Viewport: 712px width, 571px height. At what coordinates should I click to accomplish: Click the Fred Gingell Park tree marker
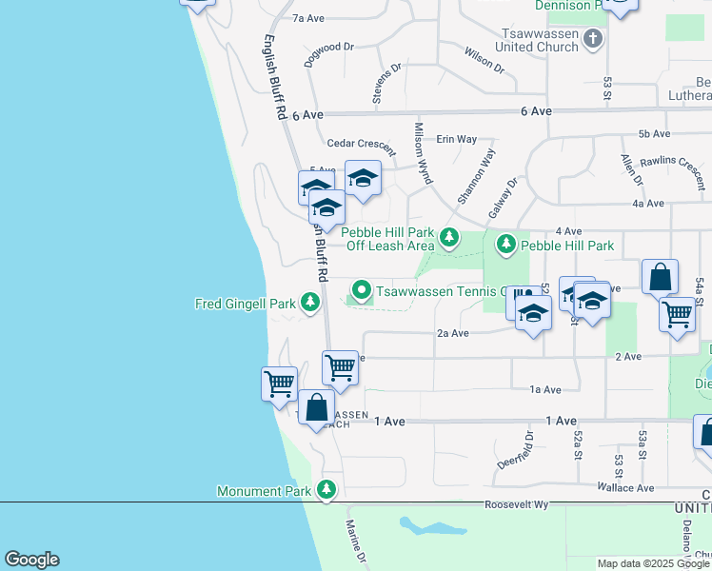point(309,303)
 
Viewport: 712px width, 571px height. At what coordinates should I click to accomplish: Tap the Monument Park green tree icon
point(327,490)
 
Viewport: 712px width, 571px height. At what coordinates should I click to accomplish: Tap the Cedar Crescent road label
point(361,144)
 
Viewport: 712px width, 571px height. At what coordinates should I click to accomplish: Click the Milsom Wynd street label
point(423,152)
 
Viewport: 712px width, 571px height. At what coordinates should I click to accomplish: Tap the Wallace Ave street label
point(625,488)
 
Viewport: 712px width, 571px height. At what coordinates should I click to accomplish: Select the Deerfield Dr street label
point(510,448)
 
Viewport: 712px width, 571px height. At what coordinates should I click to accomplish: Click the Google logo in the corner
point(31,560)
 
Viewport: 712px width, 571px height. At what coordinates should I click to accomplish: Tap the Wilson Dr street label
point(485,60)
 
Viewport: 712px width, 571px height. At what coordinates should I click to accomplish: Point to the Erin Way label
point(456,139)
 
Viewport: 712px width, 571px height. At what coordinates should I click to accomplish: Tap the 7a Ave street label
point(309,18)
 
